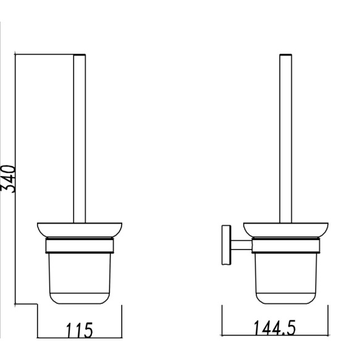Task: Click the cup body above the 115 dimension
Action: pos(79,278)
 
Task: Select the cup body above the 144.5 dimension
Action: pos(285,278)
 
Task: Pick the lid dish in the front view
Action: pos(79,230)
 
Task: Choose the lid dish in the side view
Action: pos(285,230)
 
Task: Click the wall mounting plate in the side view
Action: pos(225,246)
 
